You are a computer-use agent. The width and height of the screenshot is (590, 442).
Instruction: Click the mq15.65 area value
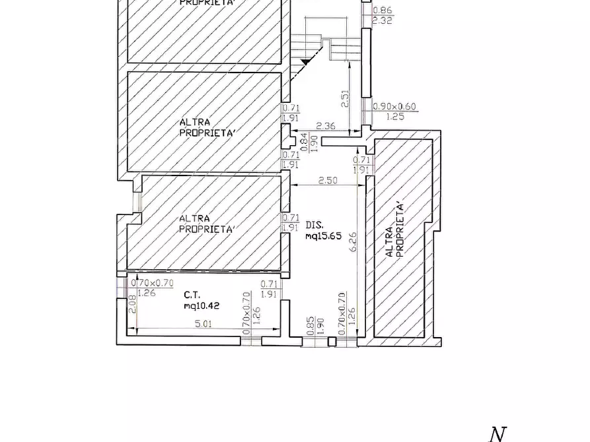[x=323, y=235]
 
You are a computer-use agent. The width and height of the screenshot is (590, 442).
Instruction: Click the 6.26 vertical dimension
[x=353, y=241]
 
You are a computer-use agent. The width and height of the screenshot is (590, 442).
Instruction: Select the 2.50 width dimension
[x=328, y=180]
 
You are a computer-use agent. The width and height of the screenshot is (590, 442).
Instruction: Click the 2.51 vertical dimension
[x=344, y=99]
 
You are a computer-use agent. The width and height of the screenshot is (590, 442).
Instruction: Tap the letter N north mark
[x=497, y=434]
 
